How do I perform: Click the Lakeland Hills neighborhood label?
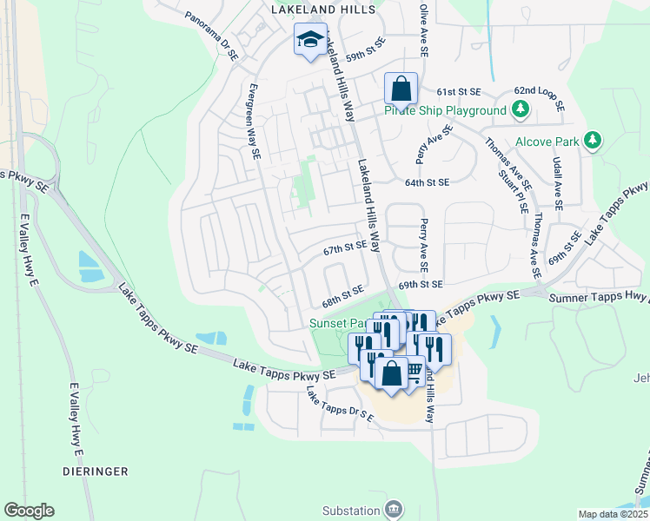point(323,10)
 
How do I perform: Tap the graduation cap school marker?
point(310,39)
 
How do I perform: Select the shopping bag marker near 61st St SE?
point(401,89)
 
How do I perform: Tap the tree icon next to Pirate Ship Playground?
point(521,109)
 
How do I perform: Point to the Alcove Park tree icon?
point(593,140)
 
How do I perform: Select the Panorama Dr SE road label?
point(211,36)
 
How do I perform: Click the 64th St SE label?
point(427,182)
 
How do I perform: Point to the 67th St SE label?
point(345,247)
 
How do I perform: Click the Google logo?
point(29,511)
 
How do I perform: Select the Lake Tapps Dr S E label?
point(338,406)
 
